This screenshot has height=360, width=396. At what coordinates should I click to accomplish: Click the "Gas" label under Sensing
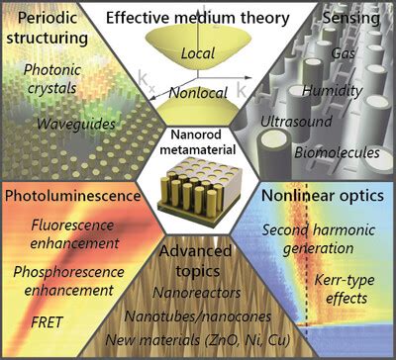[x=316, y=52]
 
